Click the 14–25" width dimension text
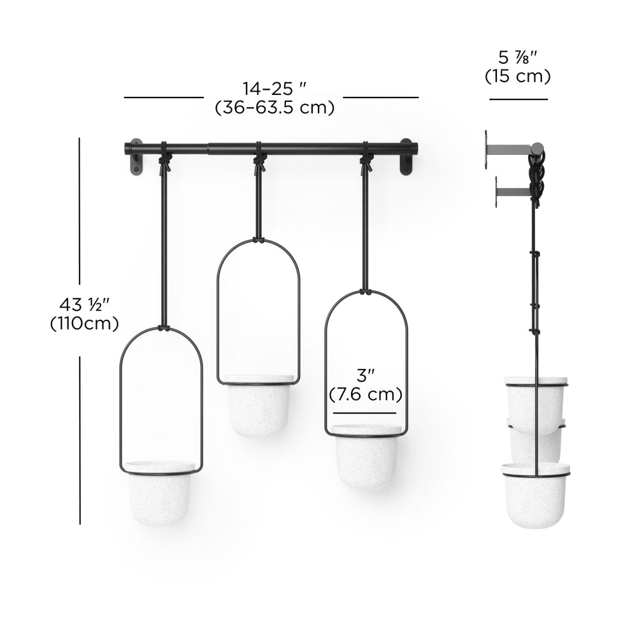pyautogui.click(x=274, y=89)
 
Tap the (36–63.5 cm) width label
pyautogui.click(x=274, y=108)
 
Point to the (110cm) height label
pyautogui.click(x=84, y=324)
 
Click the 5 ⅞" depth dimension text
pyautogui.click(x=517, y=58)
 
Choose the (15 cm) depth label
pyautogui.click(x=517, y=76)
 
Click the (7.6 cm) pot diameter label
pyautogui.click(x=366, y=395)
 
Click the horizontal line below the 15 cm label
pyautogui.click(x=518, y=99)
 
